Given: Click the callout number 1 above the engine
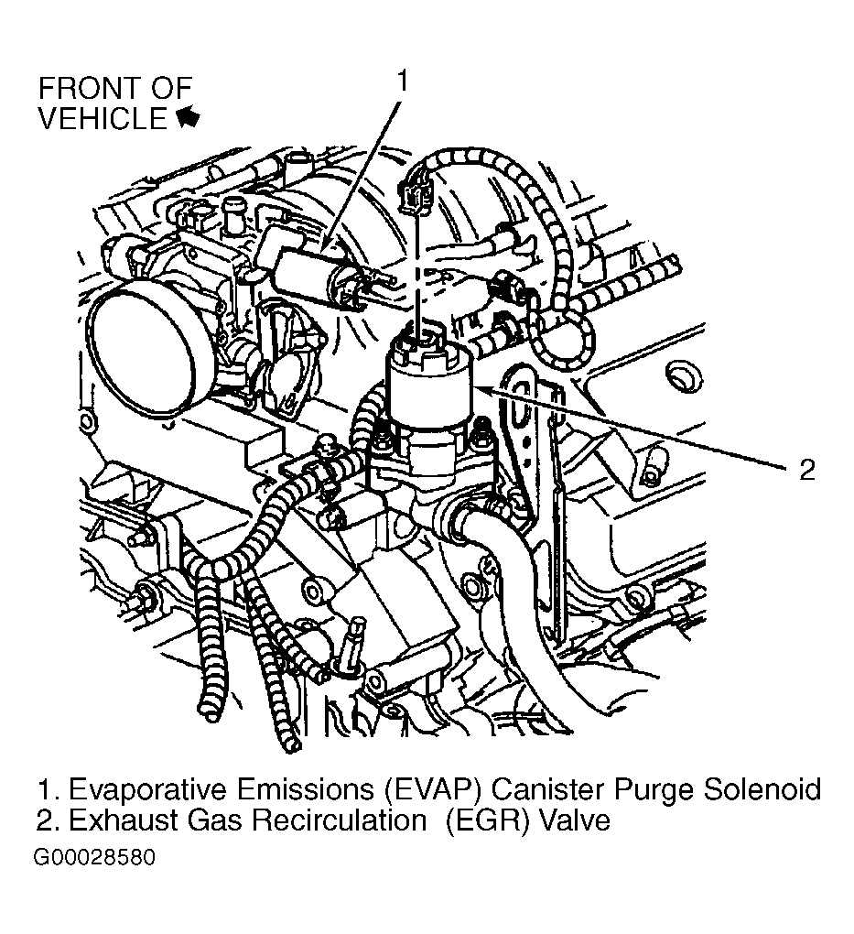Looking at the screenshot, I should point(400,81).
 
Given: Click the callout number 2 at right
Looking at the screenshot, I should point(806,470).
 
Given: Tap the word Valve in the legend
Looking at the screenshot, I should point(573,820).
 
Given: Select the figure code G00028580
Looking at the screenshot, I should point(95,859).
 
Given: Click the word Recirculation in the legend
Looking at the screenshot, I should point(339,820).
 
